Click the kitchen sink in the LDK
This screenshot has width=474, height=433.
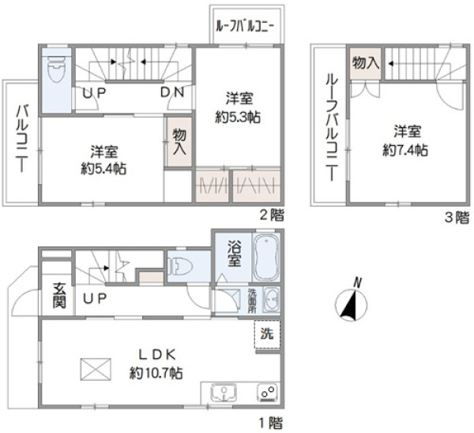pos(224,392)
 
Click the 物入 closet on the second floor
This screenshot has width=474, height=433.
pos(178,142)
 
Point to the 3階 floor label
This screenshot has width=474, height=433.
pos(458,216)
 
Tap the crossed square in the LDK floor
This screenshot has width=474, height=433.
pos(94,369)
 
